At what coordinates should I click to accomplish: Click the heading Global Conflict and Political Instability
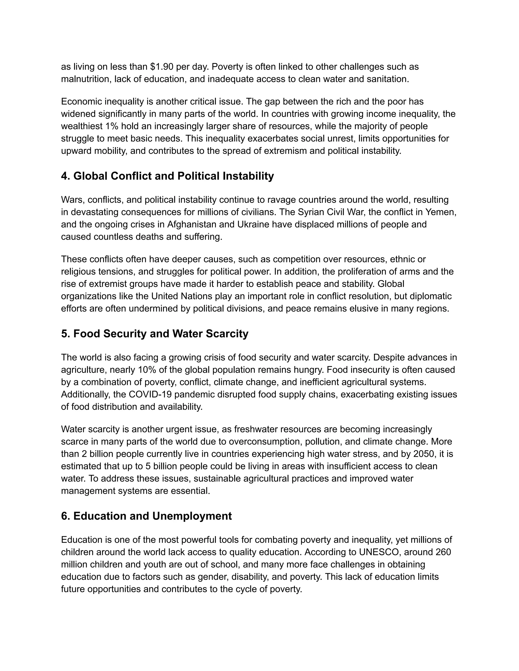pyautogui.click(x=167, y=176)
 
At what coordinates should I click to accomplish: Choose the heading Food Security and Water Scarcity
pyautogui.click(x=155, y=334)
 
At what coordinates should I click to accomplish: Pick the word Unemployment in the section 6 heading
pyautogui.click(x=192, y=516)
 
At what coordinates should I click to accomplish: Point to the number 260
pyautogui.click(x=443, y=552)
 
